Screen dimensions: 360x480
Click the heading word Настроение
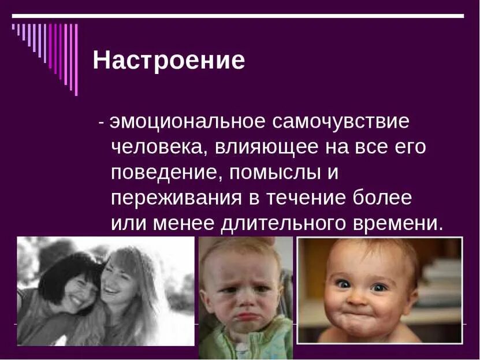click(169, 61)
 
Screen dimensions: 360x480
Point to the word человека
click(155, 147)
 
